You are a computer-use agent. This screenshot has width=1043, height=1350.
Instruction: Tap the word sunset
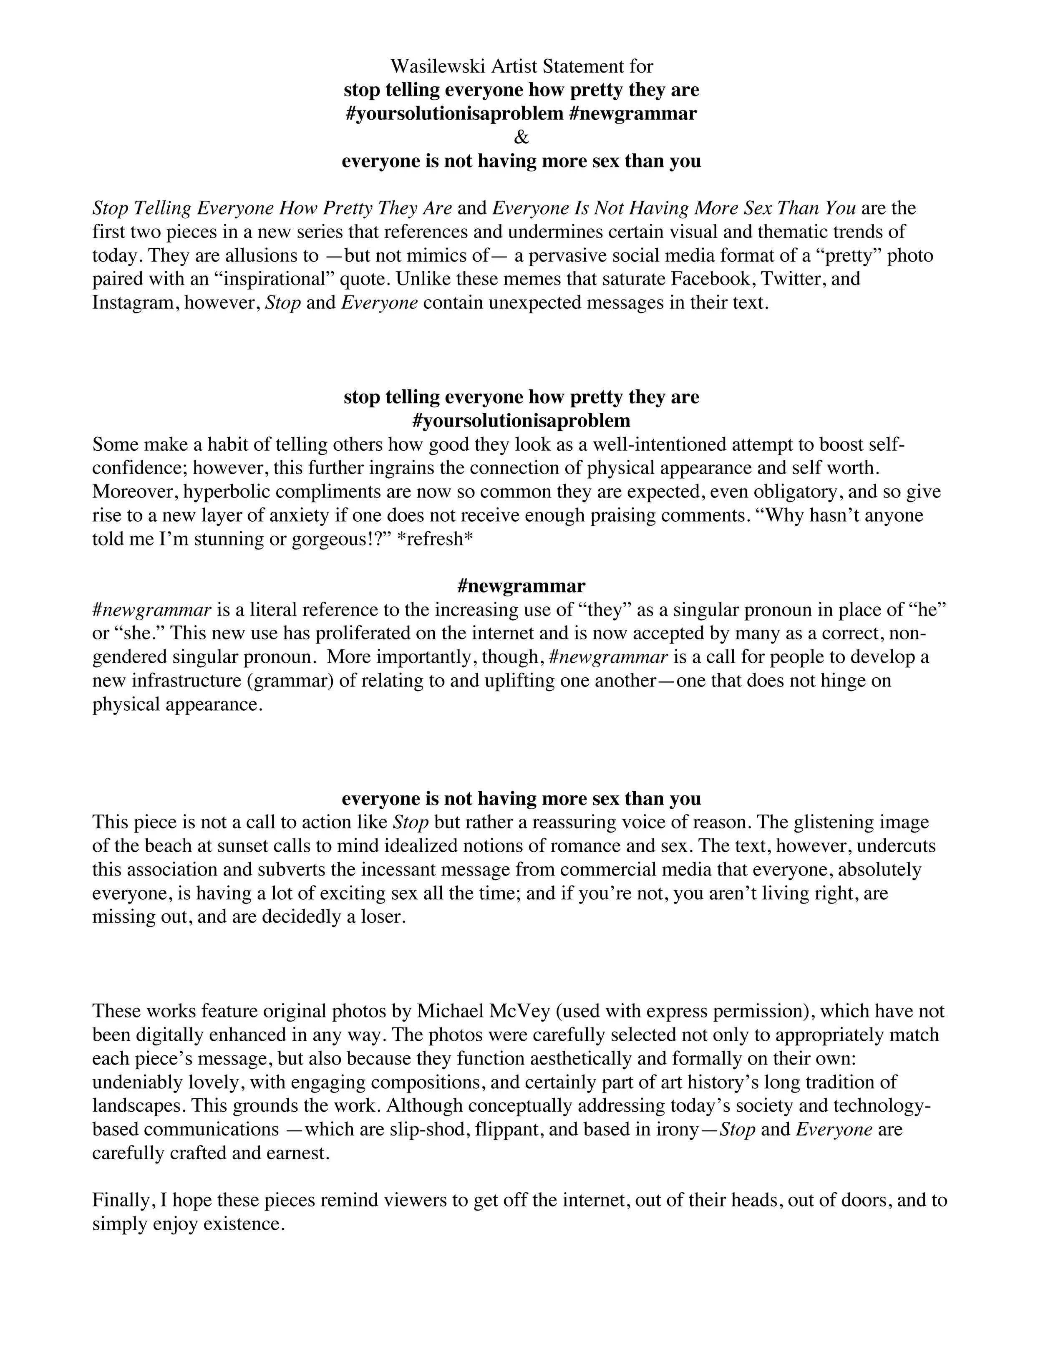coord(234,845)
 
